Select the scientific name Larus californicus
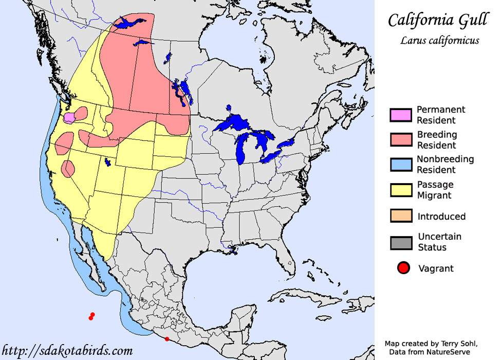click(440, 40)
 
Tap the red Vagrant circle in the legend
click(404, 268)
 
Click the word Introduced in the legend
click(441, 217)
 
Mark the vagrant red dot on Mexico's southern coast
click(166, 338)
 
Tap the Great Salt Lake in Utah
click(107, 163)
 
